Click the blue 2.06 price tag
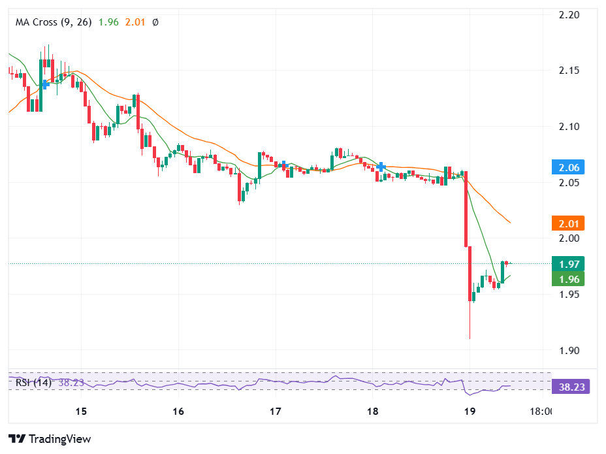coord(568,167)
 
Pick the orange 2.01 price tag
coord(568,223)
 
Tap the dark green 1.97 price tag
coord(568,264)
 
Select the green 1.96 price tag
coord(568,279)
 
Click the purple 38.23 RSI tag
coord(571,387)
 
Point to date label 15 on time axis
coord(81,412)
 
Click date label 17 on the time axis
coord(275,412)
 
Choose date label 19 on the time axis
coord(469,412)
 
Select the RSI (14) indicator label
coord(33,383)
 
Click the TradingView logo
coord(50,439)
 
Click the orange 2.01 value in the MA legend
coord(135,22)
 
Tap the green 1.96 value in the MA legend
coord(108,22)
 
